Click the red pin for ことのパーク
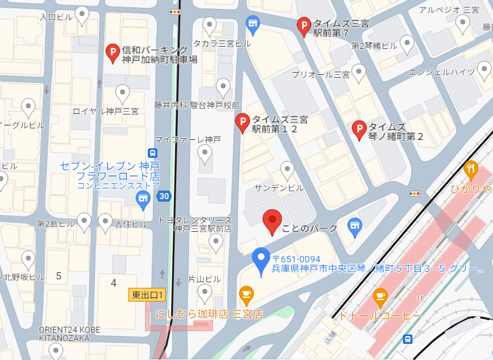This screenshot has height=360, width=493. (x=272, y=221)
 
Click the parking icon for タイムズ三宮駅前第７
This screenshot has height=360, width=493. (x=303, y=26)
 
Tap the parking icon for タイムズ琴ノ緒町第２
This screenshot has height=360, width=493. (x=359, y=129)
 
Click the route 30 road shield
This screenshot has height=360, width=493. (x=163, y=196)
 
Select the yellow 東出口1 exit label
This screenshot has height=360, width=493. (x=147, y=295)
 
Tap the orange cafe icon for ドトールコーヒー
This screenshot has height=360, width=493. (x=380, y=297)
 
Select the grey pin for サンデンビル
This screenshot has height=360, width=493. (x=287, y=169)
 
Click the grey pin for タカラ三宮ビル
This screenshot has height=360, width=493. (x=210, y=25)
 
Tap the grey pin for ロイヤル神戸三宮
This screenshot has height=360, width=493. (x=122, y=93)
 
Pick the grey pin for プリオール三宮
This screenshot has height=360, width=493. (x=359, y=72)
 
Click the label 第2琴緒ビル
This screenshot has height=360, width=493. (x=374, y=46)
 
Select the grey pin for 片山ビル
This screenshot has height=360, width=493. (x=205, y=292)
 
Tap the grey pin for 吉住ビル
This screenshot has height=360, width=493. (x=105, y=222)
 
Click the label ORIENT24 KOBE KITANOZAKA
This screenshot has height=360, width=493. (x=69, y=333)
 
